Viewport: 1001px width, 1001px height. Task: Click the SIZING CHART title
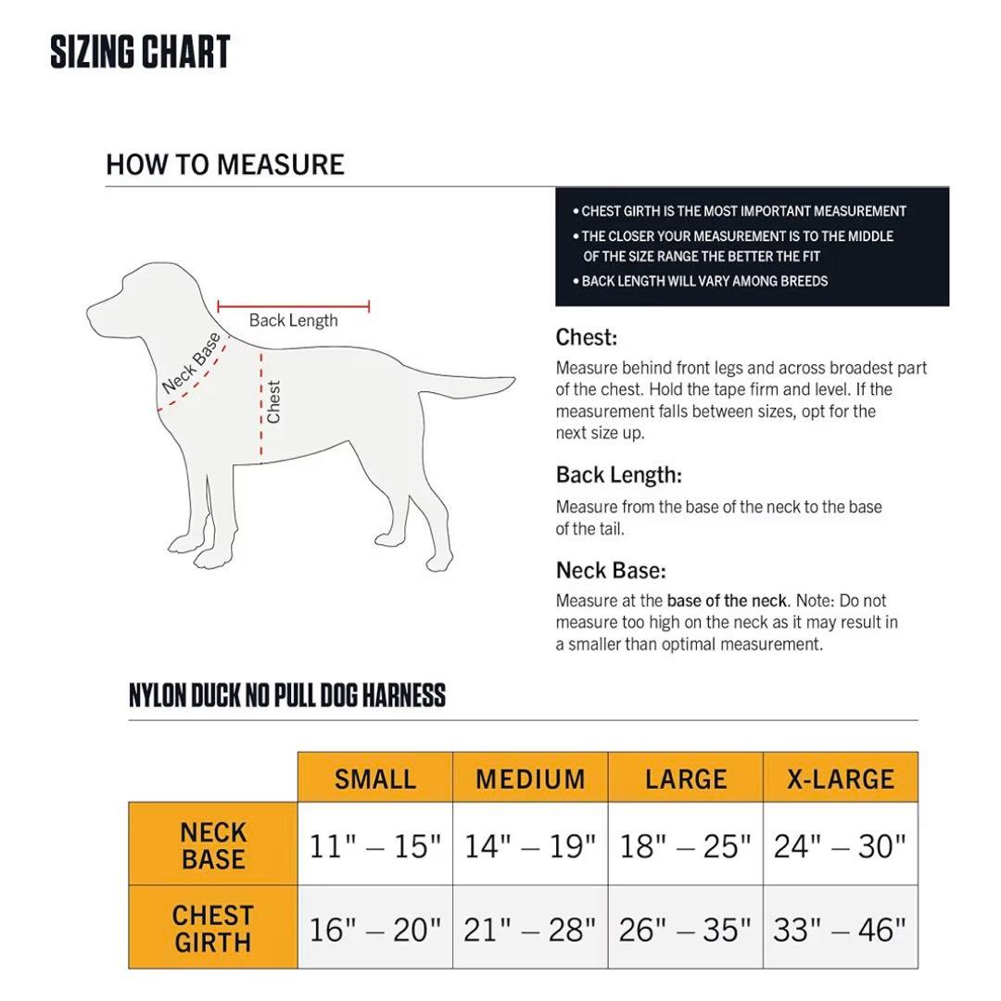(140, 52)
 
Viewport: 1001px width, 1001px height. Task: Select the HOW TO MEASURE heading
(225, 165)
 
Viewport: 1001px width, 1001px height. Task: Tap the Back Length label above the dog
(293, 321)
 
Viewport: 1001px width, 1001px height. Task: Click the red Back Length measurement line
(293, 306)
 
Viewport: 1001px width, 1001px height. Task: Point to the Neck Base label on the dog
(192, 361)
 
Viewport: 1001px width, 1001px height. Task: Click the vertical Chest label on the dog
(273, 402)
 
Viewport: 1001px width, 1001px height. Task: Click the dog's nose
(91, 308)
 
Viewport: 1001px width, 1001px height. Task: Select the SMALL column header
(375, 779)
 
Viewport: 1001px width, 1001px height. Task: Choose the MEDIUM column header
(530, 779)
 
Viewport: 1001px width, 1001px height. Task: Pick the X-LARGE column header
(841, 779)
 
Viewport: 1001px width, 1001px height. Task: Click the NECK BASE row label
(213, 845)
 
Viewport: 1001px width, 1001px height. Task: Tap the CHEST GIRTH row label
(213, 929)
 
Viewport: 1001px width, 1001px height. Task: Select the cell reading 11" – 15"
(375, 845)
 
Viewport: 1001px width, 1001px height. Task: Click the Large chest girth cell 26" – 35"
(685, 929)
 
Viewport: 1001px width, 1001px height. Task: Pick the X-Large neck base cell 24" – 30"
(841, 845)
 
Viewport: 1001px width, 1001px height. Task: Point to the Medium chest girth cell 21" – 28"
(530, 929)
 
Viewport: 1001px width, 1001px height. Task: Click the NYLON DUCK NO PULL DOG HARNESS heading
(287, 695)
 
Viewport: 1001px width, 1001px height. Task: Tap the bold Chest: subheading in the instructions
(587, 337)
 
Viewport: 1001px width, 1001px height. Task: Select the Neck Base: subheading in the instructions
(611, 570)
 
